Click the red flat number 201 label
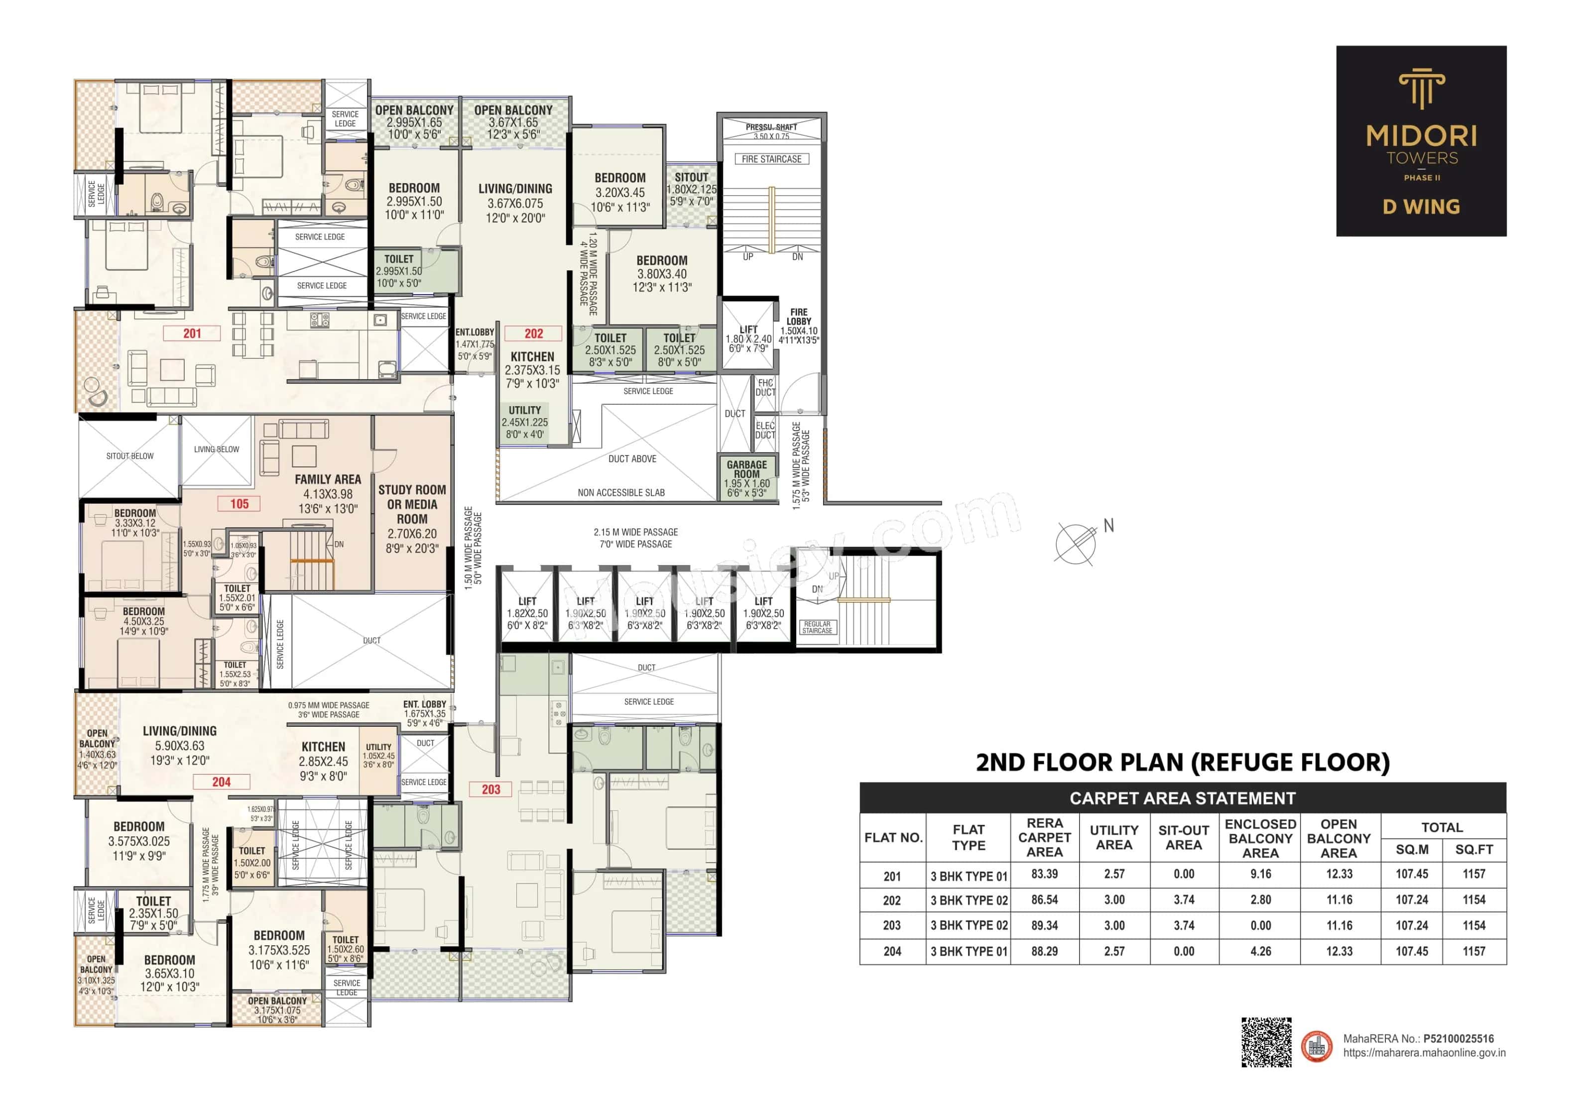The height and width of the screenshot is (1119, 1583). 192,334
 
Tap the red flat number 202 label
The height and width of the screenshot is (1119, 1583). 534,334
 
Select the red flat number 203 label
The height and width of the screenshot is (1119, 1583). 491,789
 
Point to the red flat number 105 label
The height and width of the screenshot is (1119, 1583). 239,504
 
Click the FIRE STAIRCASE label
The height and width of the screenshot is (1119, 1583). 771,159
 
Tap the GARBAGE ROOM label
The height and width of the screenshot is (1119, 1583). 747,470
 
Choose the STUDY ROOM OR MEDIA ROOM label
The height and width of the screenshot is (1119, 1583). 412,504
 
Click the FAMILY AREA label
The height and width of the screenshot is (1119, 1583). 328,479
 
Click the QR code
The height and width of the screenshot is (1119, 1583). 1266,1042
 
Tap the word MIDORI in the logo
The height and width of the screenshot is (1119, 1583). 1422,136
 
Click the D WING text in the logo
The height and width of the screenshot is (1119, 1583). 1421,207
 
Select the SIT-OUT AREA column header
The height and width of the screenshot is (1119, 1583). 1184,837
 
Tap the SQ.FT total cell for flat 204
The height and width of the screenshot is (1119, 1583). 1473,952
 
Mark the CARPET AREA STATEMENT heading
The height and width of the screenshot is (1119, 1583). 1183,798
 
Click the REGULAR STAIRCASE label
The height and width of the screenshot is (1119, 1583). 817,628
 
